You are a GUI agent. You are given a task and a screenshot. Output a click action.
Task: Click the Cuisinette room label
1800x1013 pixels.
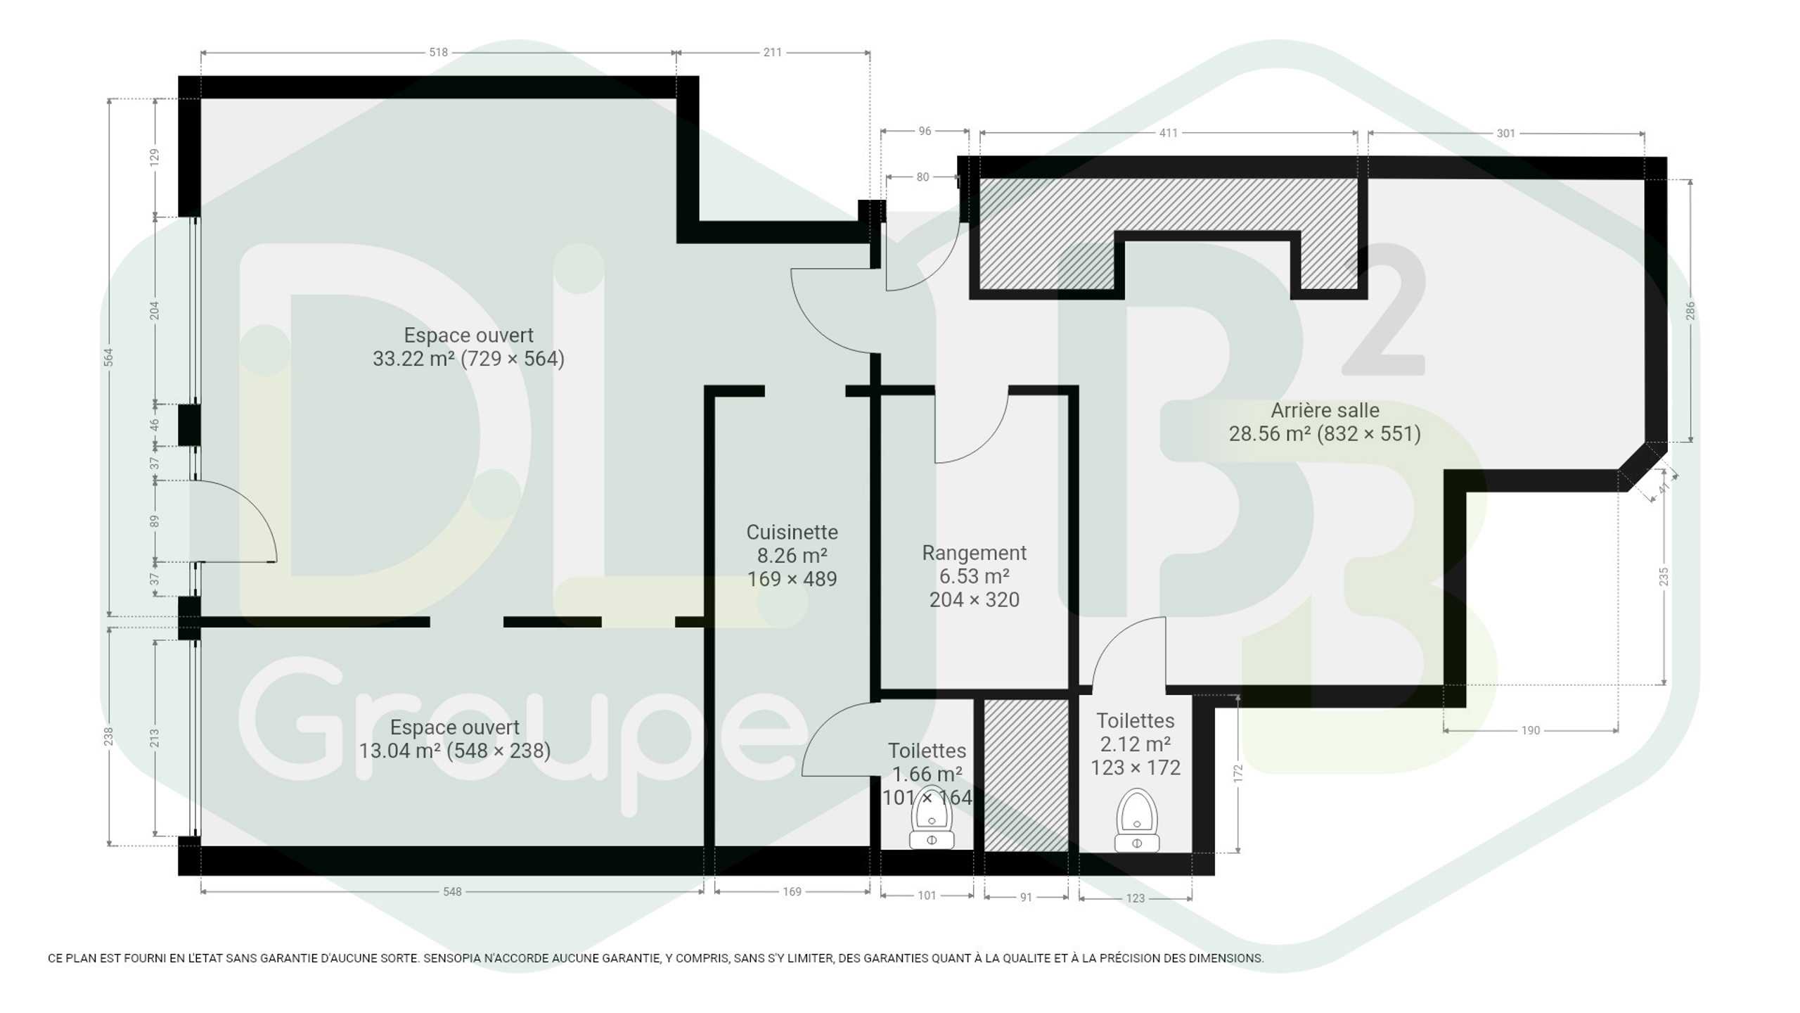(792, 533)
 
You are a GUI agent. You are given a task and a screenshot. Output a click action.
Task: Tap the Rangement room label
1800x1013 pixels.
(974, 554)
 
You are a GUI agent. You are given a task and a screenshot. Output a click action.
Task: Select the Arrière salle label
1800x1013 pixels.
(1325, 411)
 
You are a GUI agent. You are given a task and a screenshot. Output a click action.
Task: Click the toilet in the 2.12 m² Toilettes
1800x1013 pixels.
(1137, 821)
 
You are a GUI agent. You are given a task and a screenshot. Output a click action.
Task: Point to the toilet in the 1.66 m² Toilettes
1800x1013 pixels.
(932, 817)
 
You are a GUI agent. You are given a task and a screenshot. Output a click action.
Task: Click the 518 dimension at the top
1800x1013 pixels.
(438, 52)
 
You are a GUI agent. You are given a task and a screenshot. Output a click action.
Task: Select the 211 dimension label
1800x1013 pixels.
(772, 52)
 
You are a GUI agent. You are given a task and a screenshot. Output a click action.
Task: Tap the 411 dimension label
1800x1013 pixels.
(1168, 133)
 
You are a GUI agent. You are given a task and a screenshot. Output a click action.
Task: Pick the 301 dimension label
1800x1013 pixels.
(1505, 133)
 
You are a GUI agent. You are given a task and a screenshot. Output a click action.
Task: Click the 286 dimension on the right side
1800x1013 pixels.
(1690, 310)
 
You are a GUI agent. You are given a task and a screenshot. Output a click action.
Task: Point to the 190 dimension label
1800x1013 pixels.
(1530, 730)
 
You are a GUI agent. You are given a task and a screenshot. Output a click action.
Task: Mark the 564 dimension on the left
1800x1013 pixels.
(108, 357)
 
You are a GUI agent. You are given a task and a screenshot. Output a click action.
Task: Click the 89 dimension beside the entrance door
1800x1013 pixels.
(154, 521)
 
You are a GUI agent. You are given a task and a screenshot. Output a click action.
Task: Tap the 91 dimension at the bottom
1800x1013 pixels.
(1026, 898)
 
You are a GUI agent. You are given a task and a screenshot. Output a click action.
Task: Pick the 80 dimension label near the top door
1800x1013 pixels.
(922, 177)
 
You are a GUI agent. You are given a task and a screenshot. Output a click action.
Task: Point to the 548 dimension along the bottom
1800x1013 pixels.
(452, 892)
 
